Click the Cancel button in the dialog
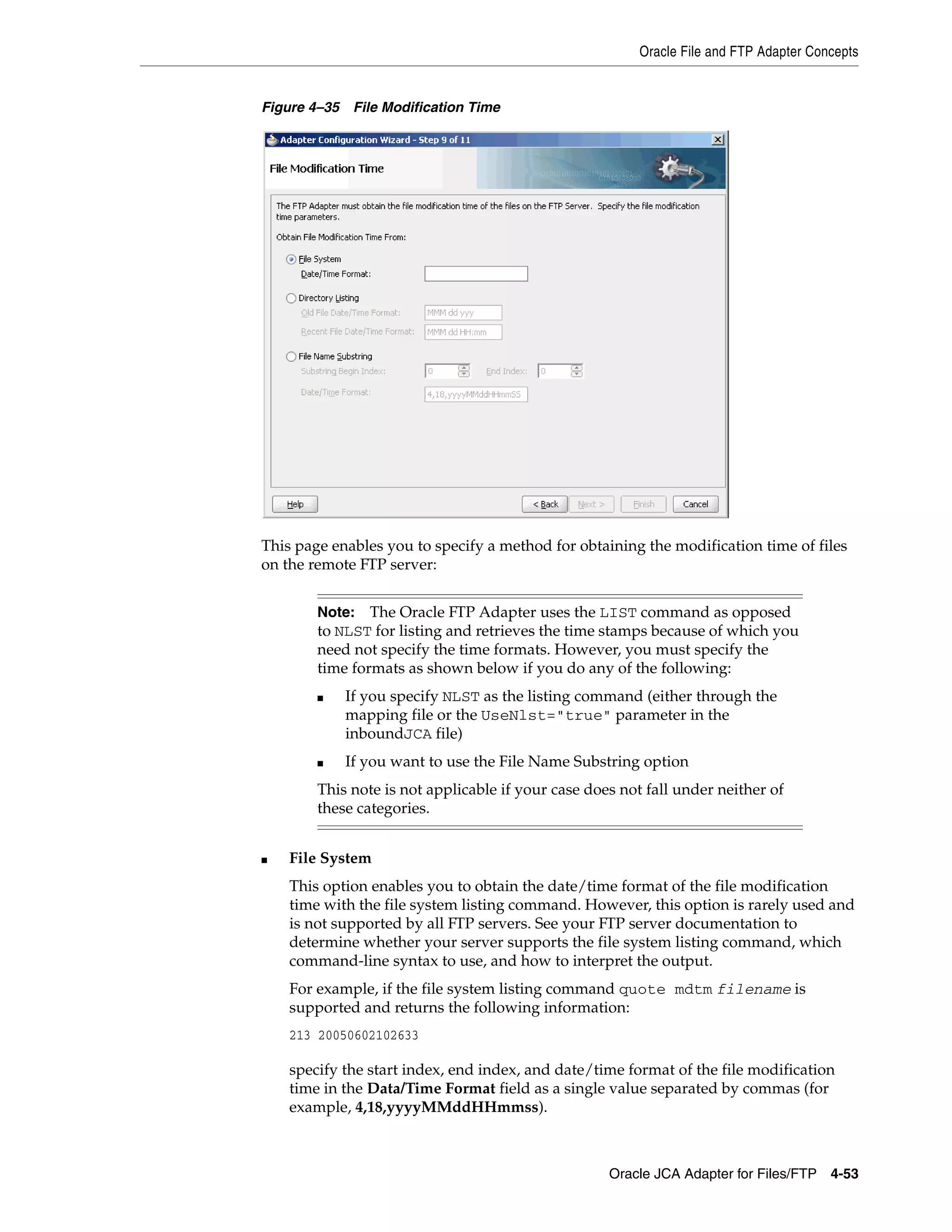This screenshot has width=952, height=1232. (x=695, y=504)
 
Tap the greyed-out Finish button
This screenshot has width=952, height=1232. (x=643, y=504)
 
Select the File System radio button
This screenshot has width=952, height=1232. (x=291, y=259)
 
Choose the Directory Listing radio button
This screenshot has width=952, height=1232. (x=291, y=298)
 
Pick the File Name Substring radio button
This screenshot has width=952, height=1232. (x=291, y=357)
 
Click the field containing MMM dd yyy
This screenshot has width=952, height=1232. (x=463, y=312)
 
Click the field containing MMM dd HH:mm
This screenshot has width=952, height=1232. (x=463, y=332)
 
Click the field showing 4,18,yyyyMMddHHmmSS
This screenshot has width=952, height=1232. (x=476, y=394)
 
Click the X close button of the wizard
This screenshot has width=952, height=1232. (x=717, y=139)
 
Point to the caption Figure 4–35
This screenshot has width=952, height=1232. (x=301, y=107)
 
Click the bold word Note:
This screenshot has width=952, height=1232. (x=336, y=612)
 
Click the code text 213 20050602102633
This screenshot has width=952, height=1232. (x=354, y=1035)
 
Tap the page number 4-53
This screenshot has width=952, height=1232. (x=844, y=1173)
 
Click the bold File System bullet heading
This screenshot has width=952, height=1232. (x=330, y=858)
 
